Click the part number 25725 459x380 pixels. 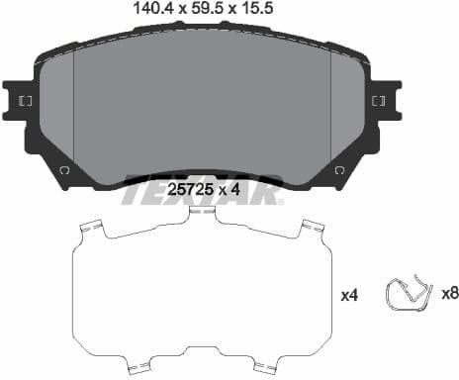coord(194,188)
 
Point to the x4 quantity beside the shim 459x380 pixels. coord(348,294)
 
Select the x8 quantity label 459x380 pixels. coord(449,294)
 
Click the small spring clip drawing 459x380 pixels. coord(408,294)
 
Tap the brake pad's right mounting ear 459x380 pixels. coord(381,102)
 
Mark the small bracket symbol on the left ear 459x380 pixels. coord(26,102)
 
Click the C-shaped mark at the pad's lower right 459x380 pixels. coord(340,171)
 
